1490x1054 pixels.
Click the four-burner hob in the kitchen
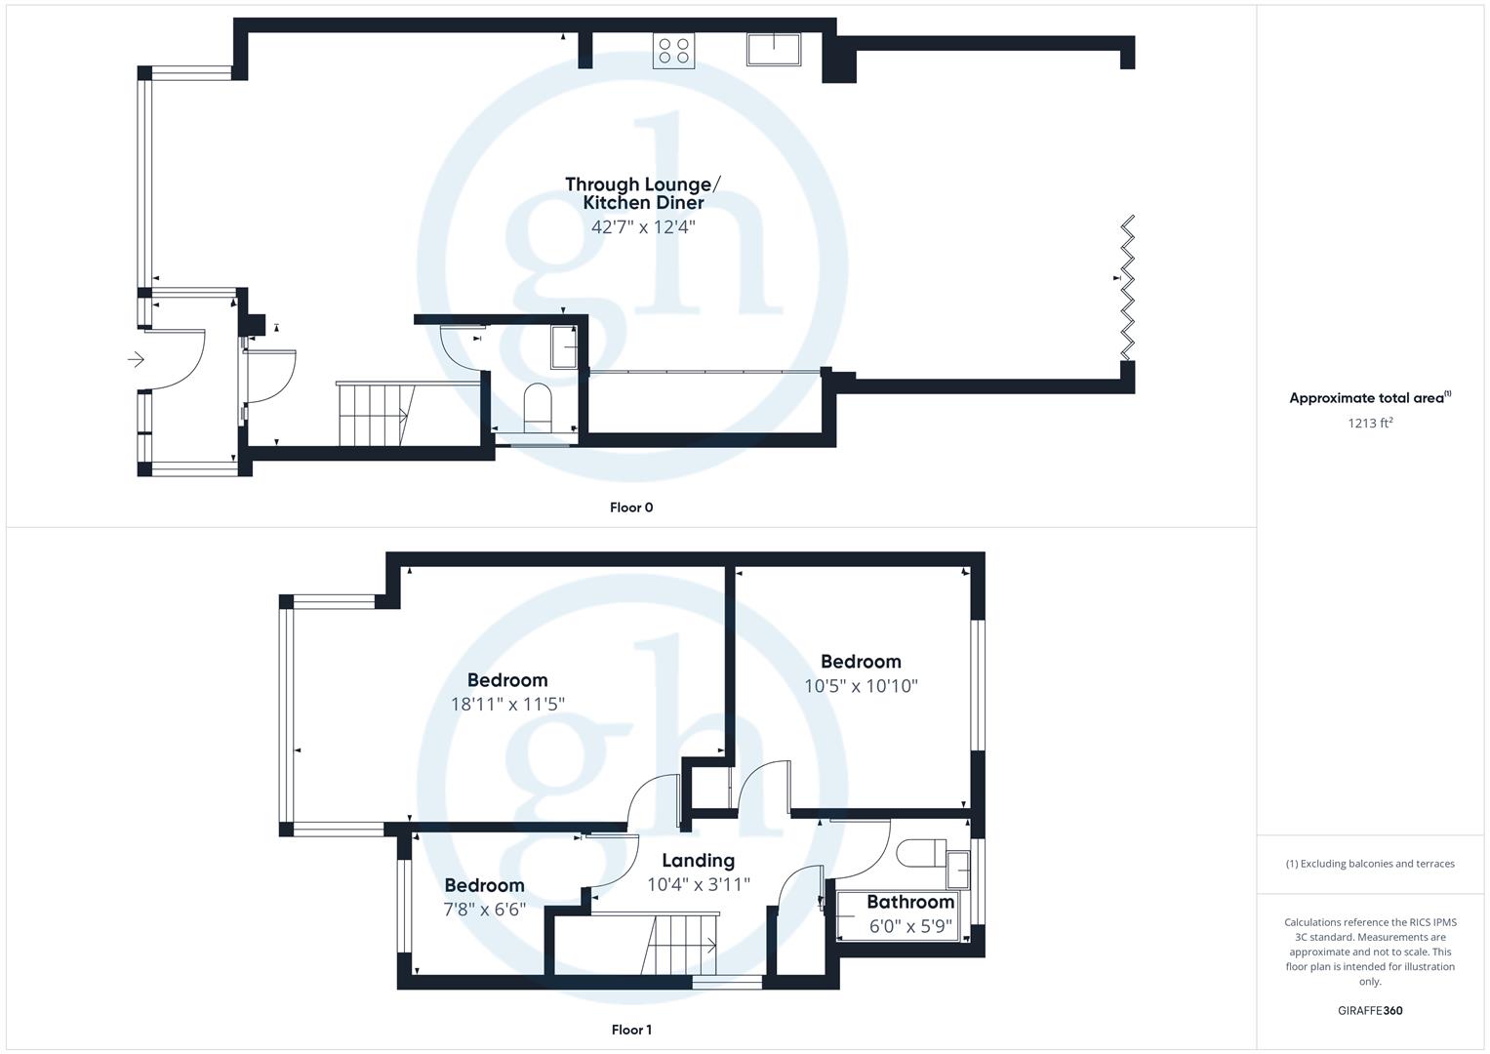674,51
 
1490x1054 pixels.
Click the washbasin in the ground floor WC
564,347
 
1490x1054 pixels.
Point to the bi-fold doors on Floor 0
1128,288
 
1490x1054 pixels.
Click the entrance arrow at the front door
136,360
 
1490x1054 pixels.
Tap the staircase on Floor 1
682,945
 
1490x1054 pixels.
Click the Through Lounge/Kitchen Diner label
643,193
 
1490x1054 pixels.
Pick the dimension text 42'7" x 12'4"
643,227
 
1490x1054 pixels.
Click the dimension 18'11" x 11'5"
507,704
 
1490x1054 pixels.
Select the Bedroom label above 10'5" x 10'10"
861,662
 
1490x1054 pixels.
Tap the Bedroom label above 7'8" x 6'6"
484,885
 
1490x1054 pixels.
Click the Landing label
698,860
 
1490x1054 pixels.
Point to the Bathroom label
909,902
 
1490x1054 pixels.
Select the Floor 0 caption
631,507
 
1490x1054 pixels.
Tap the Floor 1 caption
631,1030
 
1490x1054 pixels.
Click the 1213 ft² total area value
1370,423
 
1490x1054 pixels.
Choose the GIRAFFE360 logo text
1370,1010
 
